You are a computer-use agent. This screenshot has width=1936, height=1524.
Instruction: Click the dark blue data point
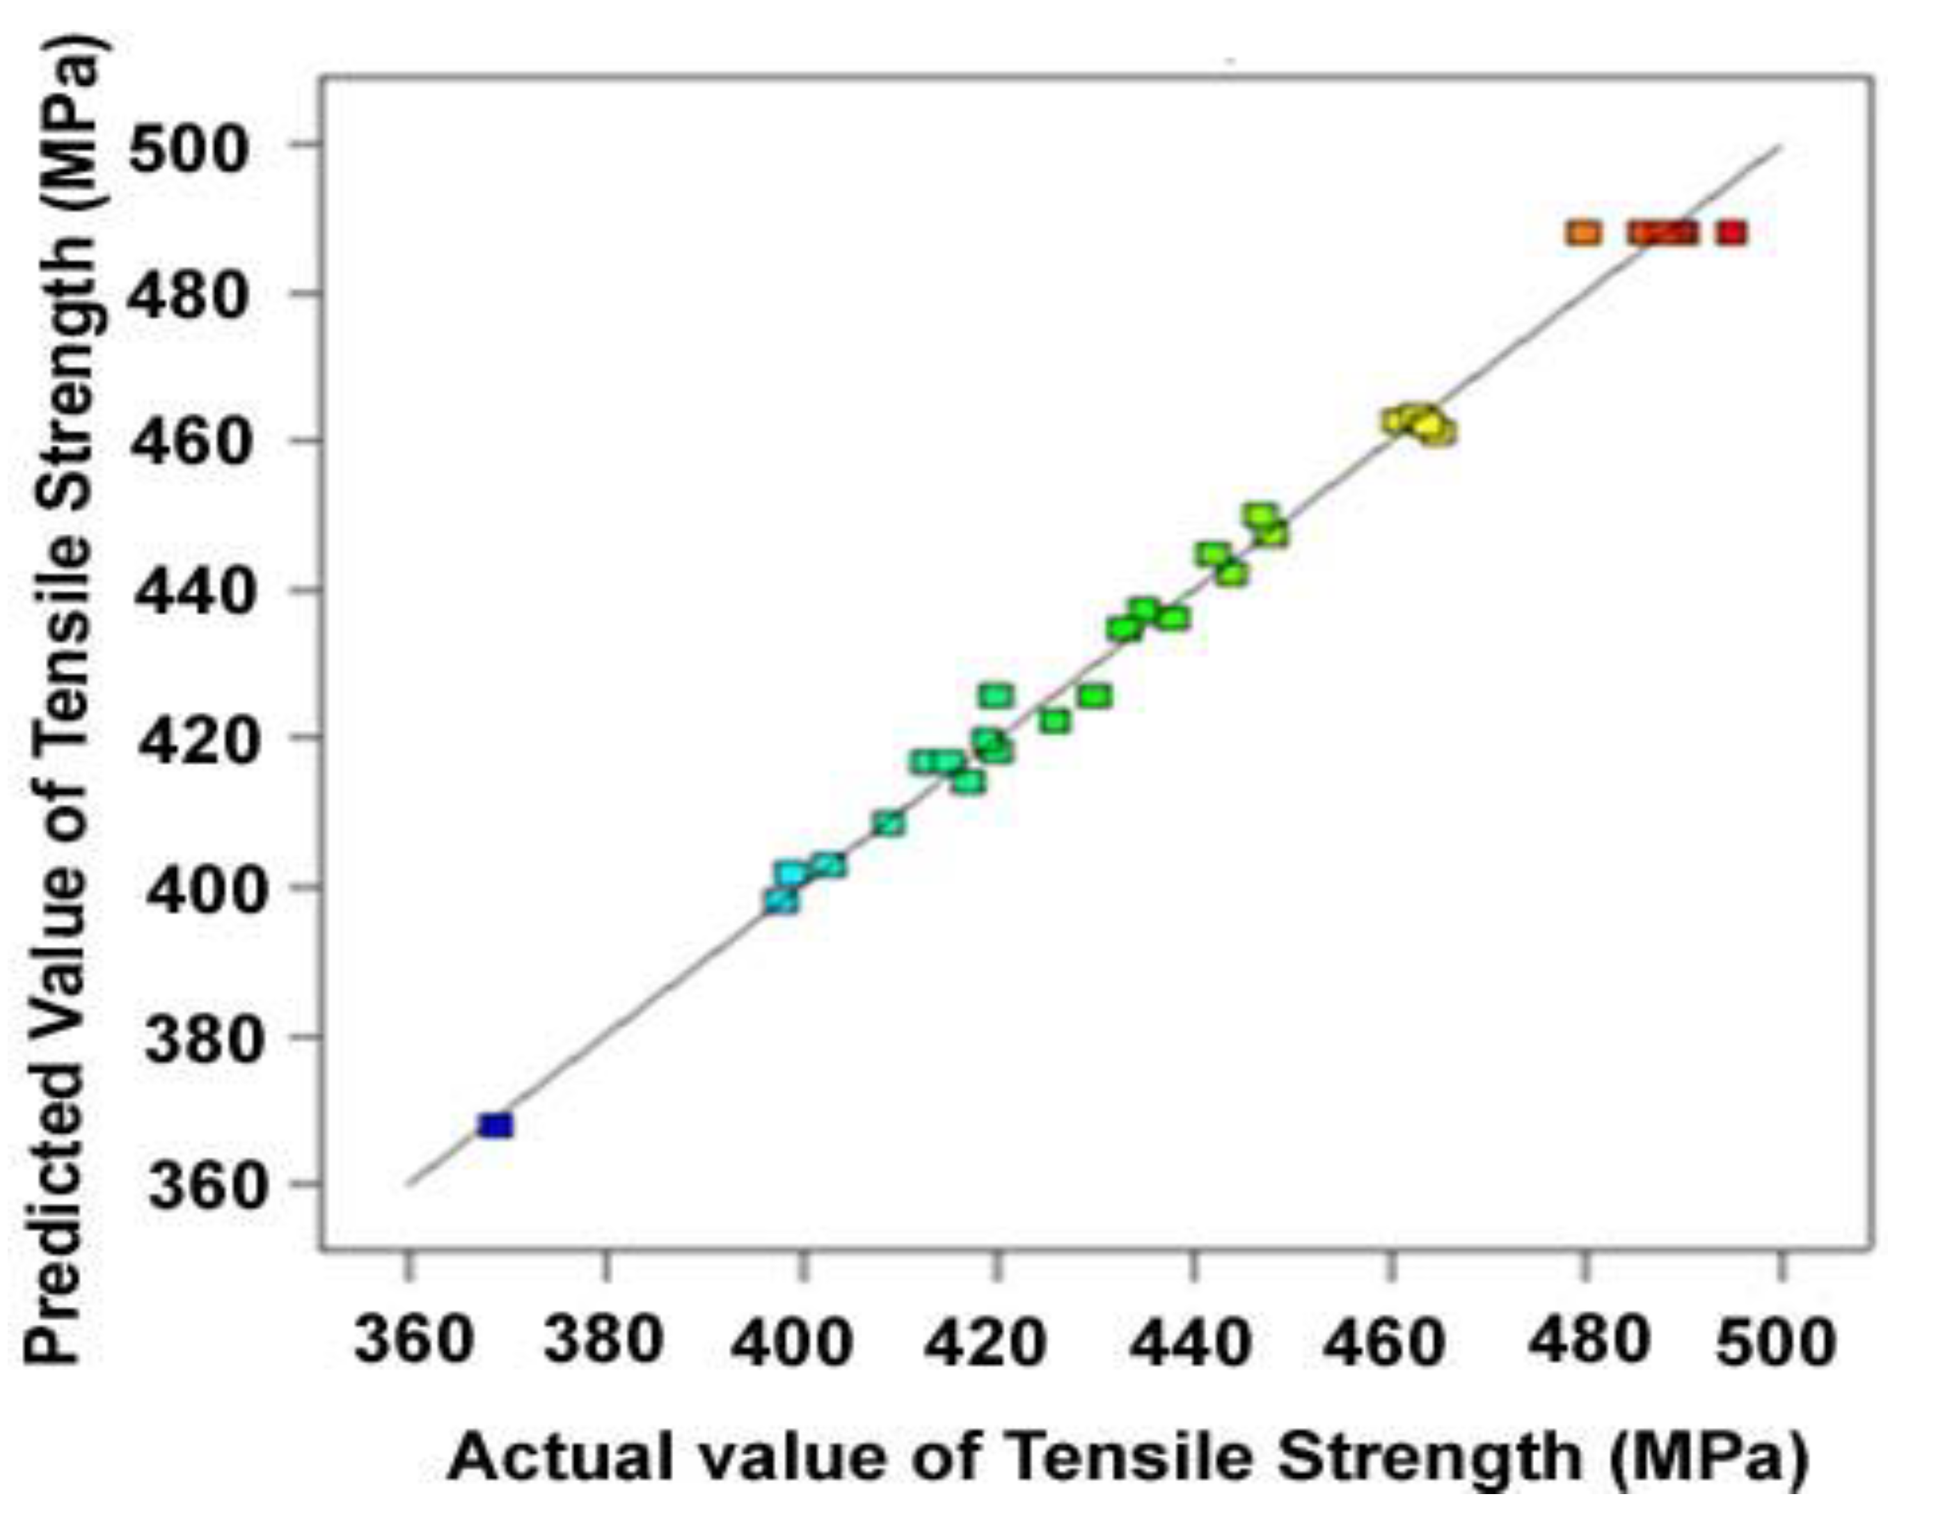[495, 1125]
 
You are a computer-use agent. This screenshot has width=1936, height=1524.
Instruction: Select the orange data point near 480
[1584, 233]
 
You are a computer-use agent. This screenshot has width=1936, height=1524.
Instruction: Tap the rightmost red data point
[1731, 233]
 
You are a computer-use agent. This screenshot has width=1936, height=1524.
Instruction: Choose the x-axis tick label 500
[1775, 1342]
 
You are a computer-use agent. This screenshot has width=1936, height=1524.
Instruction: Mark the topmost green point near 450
[1261, 516]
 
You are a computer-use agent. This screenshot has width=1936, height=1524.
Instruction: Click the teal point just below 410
[889, 823]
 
